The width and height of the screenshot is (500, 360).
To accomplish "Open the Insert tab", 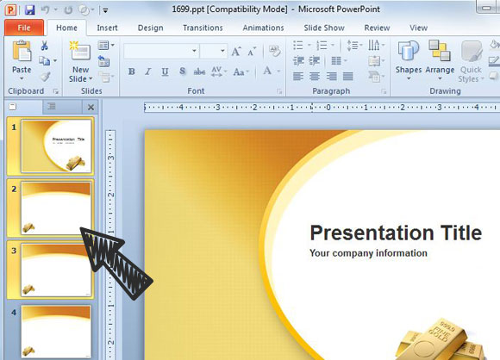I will click(108, 28).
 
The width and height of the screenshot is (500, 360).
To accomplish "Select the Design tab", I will click(150, 28).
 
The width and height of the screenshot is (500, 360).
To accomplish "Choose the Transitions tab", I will click(203, 28).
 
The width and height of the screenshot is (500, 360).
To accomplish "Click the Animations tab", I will click(263, 28).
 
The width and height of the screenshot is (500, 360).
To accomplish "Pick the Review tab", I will click(377, 28).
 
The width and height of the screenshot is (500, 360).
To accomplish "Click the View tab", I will click(419, 28).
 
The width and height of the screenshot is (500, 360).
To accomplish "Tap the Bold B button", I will click(132, 71).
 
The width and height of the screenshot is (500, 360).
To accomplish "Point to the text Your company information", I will click(368, 253).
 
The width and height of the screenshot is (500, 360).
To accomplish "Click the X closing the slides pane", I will click(91, 107).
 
